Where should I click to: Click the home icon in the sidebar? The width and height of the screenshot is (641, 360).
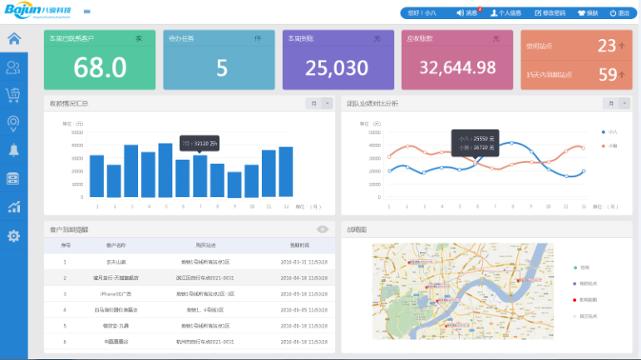pyautogui.click(x=13, y=38)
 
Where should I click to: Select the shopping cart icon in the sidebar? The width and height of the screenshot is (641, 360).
pyautogui.click(x=13, y=95)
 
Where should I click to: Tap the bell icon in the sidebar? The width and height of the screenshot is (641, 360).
pyautogui.click(x=13, y=150)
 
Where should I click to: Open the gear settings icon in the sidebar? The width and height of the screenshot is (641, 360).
pyautogui.click(x=13, y=236)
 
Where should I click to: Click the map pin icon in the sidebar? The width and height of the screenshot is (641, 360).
pyautogui.click(x=13, y=123)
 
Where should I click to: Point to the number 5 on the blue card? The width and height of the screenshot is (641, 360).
pyautogui.click(x=221, y=67)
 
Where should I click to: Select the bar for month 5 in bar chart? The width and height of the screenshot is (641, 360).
pyautogui.click(x=165, y=170)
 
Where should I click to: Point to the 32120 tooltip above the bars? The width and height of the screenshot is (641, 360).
pyautogui.click(x=200, y=143)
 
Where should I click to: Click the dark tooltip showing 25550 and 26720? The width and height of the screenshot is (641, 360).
pyautogui.click(x=475, y=142)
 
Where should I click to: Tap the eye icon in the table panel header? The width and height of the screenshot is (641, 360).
pyautogui.click(x=323, y=229)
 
